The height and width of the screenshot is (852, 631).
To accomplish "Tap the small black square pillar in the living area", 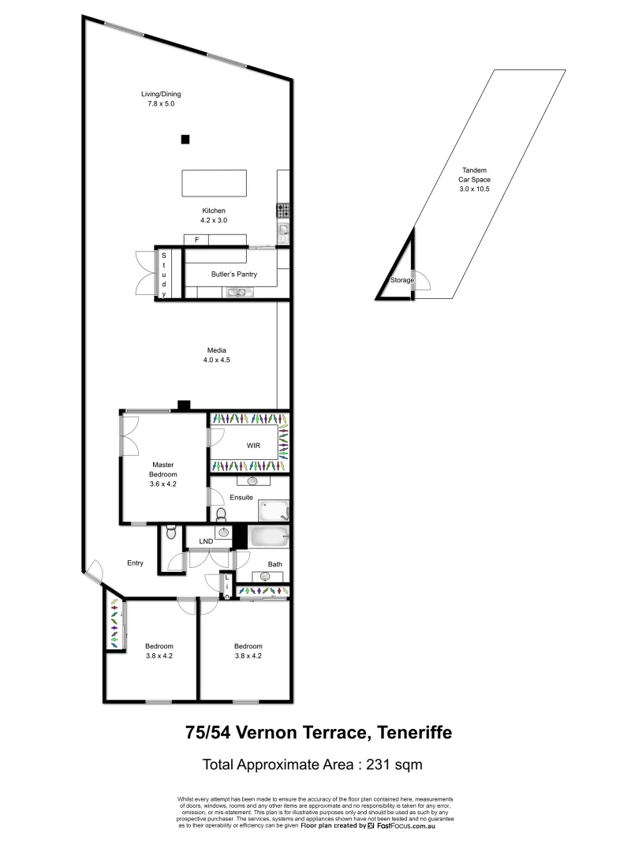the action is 185,140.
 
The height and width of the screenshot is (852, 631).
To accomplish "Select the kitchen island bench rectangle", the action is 214,183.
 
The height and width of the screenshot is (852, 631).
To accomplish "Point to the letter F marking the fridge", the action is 196,238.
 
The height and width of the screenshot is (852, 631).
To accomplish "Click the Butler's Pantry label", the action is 230,274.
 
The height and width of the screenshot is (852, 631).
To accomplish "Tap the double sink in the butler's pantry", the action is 238,293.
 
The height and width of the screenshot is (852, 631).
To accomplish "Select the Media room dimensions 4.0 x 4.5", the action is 216,360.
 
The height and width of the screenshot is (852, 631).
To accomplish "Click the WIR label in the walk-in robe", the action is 253,446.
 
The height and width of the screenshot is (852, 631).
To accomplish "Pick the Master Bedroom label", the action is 162,469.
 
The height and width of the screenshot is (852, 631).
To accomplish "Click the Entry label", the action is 135,562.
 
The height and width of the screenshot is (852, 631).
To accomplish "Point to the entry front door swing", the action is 95,569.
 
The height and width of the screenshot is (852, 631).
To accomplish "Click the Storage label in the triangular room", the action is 401,281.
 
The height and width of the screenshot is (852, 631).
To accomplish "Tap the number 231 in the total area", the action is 373,764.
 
